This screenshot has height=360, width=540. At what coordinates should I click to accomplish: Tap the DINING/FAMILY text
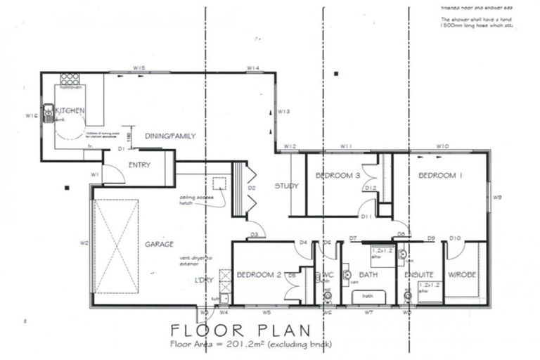click(169, 136)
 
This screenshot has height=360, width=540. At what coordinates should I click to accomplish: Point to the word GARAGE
click(159, 245)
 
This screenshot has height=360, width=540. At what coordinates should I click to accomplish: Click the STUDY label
click(286, 186)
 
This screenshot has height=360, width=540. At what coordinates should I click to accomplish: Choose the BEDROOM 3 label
click(338, 175)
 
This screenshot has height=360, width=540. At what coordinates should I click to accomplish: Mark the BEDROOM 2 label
click(259, 274)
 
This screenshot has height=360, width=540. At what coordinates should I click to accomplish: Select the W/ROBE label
click(463, 274)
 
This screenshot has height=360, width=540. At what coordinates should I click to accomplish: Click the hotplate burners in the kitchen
click(70, 78)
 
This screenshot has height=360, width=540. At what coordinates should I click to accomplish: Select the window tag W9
click(497, 198)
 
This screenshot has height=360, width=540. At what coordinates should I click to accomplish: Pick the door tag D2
click(251, 188)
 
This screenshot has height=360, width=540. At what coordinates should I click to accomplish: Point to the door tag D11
click(366, 217)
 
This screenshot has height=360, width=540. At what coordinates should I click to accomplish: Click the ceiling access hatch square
click(219, 184)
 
